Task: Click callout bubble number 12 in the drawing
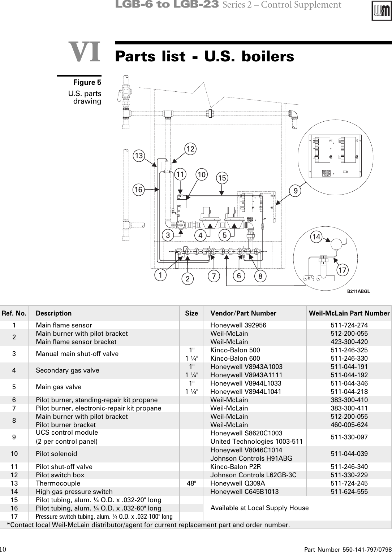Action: click(190, 149)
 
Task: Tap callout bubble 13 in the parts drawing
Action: click(138, 156)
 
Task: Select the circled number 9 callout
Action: click(296, 191)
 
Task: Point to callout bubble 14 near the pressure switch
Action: click(316, 237)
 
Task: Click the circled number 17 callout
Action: click(342, 270)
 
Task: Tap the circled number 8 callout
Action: click(260, 277)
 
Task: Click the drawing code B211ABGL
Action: click(358, 291)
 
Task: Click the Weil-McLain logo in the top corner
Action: click(381, 12)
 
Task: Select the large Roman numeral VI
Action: click(85, 52)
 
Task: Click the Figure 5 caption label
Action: click(87, 82)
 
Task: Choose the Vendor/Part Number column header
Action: click(243, 313)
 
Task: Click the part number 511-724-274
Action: click(349, 325)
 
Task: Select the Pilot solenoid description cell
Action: click(56, 454)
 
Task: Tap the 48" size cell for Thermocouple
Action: click(191, 483)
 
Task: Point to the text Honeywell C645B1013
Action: click(244, 492)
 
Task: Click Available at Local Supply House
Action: click(259, 508)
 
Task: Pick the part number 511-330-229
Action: click(349, 475)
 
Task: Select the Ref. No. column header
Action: click(14, 313)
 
